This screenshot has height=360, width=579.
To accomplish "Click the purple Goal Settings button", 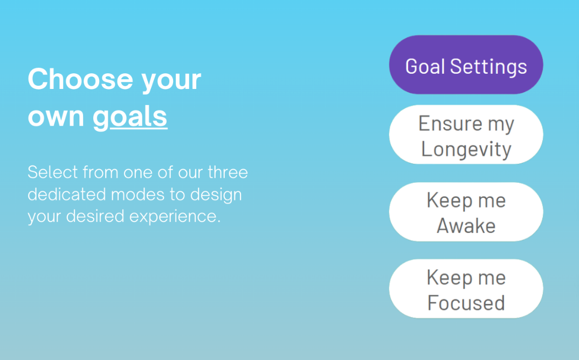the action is [x=466, y=65].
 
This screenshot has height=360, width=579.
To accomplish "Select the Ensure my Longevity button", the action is [x=466, y=134].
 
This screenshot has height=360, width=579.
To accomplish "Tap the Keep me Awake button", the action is [x=466, y=212].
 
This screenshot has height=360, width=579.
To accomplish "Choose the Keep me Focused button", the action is [x=466, y=288].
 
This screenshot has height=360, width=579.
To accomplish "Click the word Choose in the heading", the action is [x=80, y=79].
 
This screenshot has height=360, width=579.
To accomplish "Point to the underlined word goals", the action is [x=130, y=117].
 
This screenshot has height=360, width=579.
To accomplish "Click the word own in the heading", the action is [x=56, y=117].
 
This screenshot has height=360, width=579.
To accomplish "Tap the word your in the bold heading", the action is [x=171, y=81].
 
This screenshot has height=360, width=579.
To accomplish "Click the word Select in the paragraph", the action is [x=53, y=172].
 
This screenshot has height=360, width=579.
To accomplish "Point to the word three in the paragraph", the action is [x=228, y=172].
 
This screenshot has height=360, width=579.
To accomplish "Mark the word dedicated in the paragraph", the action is [x=67, y=194].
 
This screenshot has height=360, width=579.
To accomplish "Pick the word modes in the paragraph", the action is [x=137, y=194].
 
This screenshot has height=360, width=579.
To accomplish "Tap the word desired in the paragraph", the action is [x=95, y=216].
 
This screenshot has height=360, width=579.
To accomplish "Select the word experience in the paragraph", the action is [x=175, y=217].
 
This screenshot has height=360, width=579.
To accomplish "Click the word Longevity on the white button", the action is [x=466, y=149].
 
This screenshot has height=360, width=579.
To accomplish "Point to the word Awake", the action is [x=466, y=226].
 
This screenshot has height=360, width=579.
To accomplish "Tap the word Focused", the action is [x=466, y=303].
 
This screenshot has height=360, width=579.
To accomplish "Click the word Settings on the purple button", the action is [x=488, y=67].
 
